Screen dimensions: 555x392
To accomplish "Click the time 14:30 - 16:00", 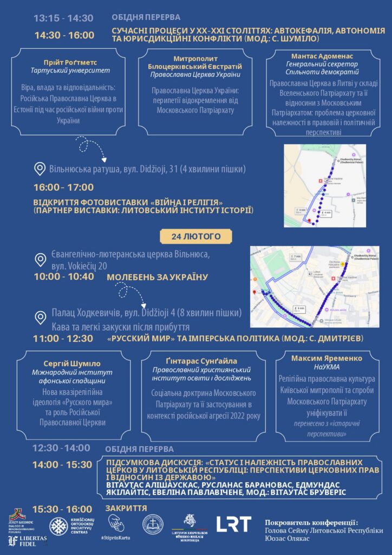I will pos(64,35).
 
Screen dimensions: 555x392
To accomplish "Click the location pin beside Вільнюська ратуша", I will pos(40,169).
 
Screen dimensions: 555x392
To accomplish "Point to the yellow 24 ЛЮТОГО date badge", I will pos(196,236).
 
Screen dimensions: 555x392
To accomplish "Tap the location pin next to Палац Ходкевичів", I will pos(40,317).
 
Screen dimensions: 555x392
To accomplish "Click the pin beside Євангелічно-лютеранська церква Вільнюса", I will pos(40,260).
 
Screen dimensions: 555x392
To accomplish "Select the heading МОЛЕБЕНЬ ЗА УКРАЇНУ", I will pos(157,277).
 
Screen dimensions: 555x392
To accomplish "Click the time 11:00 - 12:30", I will pos(63,339).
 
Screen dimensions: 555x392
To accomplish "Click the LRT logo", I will pos(234,524).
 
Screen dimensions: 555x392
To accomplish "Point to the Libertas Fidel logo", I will pos(27,540).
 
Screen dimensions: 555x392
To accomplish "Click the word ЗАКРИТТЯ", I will pos(126,508).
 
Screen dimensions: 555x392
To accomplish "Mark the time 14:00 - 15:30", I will pos(62,464).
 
